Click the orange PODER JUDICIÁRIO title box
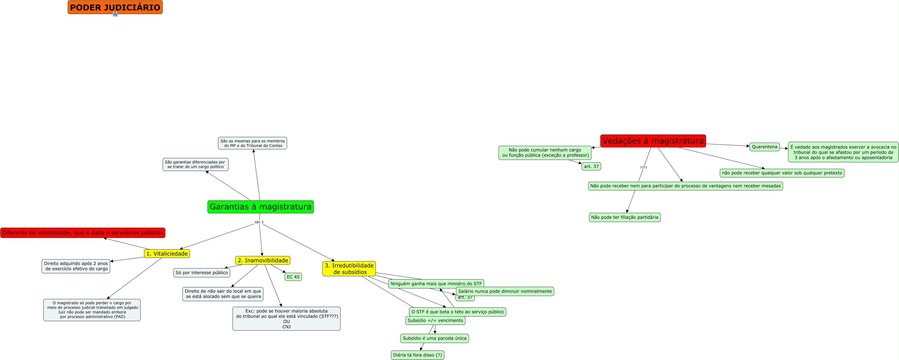click(x=115, y=7)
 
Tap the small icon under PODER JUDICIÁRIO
click(x=115, y=14)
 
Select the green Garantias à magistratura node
click(x=260, y=207)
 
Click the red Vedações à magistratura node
click(x=653, y=141)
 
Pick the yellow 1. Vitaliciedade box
click(x=167, y=254)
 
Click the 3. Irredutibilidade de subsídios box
click(x=349, y=268)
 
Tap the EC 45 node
click(x=293, y=277)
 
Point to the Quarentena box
click(x=764, y=147)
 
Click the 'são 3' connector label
click(x=259, y=222)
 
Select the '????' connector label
click(x=643, y=168)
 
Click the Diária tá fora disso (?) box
click(x=417, y=355)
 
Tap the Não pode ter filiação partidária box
click(x=625, y=217)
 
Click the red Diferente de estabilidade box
click(x=83, y=233)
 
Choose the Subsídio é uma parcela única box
click(x=434, y=338)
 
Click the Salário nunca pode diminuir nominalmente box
click(x=505, y=291)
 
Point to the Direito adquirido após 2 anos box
click(x=76, y=266)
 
